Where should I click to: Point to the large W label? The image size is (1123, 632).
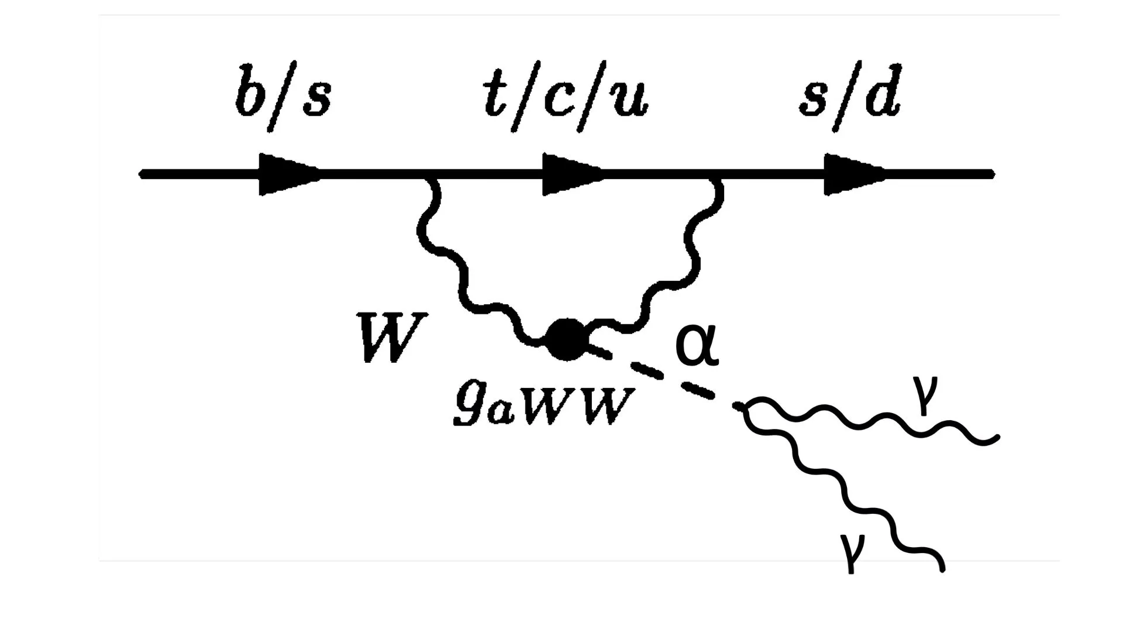coord(392,338)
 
